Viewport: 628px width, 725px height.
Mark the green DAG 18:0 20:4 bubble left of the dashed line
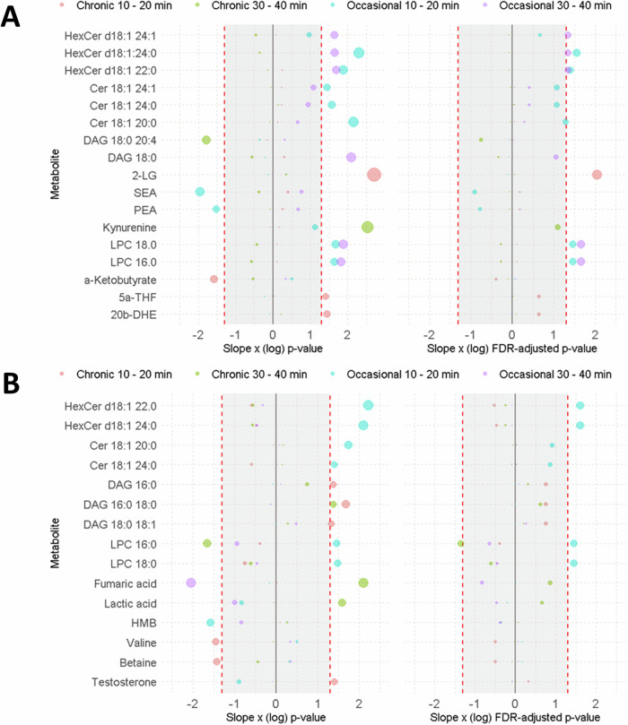pos(206,141)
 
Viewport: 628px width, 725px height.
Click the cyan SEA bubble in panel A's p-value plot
pos(200,192)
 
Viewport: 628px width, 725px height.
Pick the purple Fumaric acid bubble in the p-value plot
pos(191,583)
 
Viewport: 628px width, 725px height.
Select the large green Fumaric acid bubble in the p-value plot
pos(363,583)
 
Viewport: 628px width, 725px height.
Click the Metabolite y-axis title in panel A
pos(55,168)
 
